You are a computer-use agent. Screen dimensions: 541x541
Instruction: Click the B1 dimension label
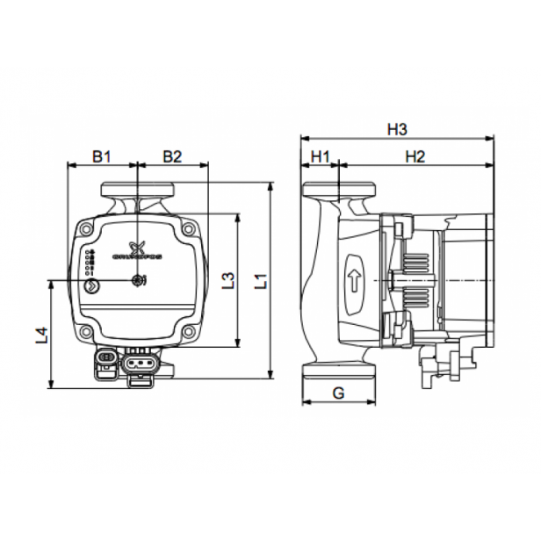tap(102, 156)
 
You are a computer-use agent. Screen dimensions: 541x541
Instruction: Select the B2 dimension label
tap(172, 156)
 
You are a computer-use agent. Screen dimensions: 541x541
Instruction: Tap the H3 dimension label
tap(397, 129)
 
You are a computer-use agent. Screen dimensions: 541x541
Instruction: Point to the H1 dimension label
tap(320, 156)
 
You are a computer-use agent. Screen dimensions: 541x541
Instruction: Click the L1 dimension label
tap(260, 282)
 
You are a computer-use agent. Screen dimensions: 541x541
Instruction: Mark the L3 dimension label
tap(227, 282)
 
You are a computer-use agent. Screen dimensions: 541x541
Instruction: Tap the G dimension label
tap(338, 393)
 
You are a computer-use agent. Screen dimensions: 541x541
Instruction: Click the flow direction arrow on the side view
tap(355, 281)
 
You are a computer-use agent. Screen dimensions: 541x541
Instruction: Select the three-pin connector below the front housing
tap(141, 362)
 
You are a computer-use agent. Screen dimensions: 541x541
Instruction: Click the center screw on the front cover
tap(137, 281)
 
